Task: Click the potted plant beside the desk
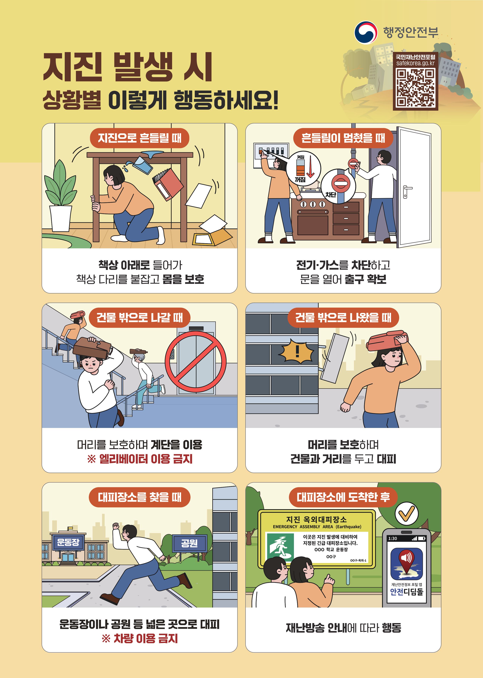pyautogui.click(x=60, y=196)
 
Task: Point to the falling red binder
pyautogui.click(x=168, y=184)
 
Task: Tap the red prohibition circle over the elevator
pyautogui.click(x=195, y=362)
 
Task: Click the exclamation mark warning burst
pyautogui.click(x=297, y=351)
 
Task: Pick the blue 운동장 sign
pyautogui.click(x=68, y=542)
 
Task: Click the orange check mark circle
pyautogui.click(x=406, y=513)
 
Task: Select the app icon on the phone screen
pyautogui.click(x=406, y=563)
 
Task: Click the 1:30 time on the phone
pyautogui.click(x=393, y=538)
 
